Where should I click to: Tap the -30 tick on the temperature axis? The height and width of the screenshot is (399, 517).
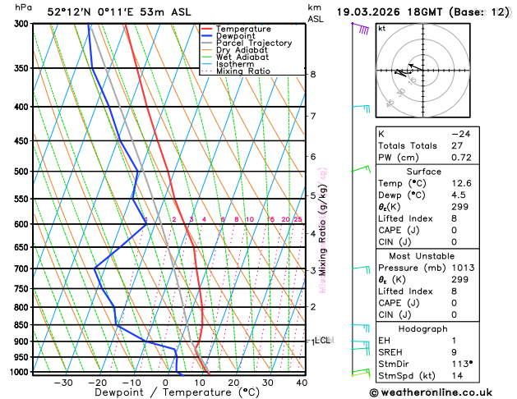pos(62,382)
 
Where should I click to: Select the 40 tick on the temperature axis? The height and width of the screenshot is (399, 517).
pos(302,382)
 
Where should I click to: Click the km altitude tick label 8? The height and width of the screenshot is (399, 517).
pos(313,75)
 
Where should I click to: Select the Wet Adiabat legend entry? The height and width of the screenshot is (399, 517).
pos(242,57)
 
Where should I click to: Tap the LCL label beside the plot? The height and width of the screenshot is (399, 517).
pos(322,340)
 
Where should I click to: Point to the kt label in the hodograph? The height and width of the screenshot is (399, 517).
pos(381,28)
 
